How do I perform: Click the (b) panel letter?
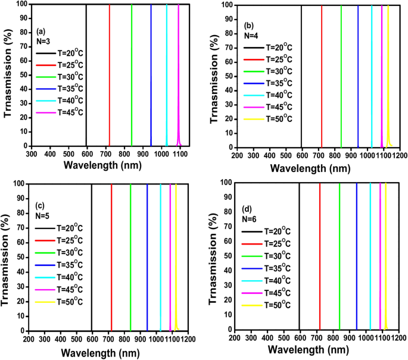point(250,25)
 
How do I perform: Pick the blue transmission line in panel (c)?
point(147,256)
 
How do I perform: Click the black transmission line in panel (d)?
point(298,256)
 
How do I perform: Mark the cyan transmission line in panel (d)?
point(370,256)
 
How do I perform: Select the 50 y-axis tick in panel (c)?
point(21,257)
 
